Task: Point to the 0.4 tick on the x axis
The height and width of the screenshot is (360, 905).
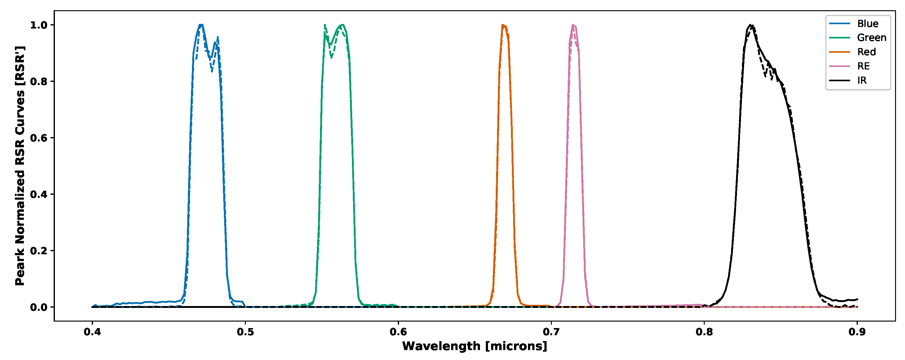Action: coord(92,332)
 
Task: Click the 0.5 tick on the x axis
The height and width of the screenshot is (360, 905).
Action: coord(245,332)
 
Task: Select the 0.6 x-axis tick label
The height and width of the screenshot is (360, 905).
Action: coord(398,332)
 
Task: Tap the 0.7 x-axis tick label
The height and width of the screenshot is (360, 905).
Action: coord(551,332)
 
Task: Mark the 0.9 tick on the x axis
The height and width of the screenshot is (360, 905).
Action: coord(857,332)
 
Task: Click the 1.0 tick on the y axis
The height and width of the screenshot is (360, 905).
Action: coord(39,25)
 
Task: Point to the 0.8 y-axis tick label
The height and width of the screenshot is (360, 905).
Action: coord(39,82)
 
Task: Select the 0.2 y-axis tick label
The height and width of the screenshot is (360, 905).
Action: coord(39,251)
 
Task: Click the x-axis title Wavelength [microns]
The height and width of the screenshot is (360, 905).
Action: coord(475,346)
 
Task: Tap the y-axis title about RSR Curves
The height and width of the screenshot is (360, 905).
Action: coord(20,166)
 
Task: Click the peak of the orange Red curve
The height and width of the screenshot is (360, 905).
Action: coord(503,25)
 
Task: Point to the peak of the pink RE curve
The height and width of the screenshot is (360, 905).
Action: coord(573,25)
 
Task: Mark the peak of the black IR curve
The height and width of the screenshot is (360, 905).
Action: coord(750,25)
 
